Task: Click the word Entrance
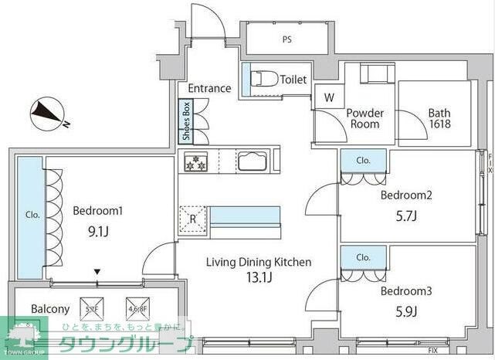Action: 209,88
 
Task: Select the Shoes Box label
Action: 186,122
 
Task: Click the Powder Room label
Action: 365,118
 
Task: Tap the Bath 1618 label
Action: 439,118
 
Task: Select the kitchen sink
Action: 253,161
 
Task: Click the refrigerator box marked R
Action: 193,218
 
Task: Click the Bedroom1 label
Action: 98,210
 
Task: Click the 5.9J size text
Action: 405,312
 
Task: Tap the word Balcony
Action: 50,309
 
